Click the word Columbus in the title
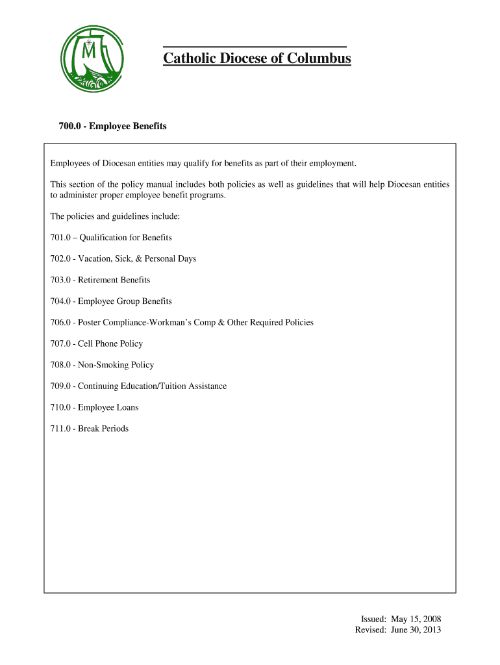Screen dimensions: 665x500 (x=321, y=59)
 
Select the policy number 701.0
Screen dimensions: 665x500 (x=60, y=238)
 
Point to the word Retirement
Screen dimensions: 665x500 (x=98, y=280)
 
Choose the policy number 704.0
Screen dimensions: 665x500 (x=60, y=301)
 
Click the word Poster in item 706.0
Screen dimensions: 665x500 (x=92, y=322)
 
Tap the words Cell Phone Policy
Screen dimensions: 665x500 (x=110, y=344)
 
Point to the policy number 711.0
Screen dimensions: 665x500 (x=60, y=429)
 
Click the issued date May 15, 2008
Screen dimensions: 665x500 (x=416, y=619)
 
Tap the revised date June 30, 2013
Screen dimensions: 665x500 (x=416, y=630)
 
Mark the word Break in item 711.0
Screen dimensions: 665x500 (x=90, y=429)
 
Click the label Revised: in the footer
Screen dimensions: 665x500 (x=371, y=630)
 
